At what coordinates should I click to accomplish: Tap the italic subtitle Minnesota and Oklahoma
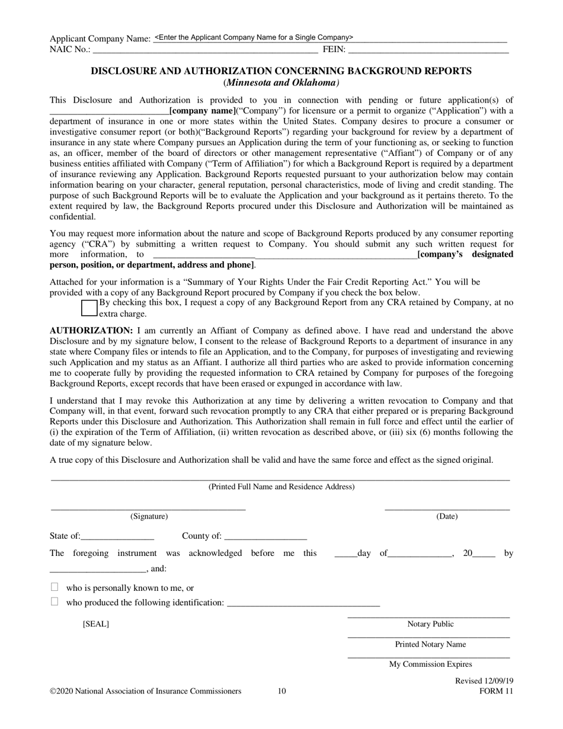(x=281, y=83)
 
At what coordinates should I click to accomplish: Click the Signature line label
(x=149, y=516)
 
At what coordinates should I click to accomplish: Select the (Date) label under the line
(x=447, y=516)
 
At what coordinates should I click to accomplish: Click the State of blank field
(x=117, y=536)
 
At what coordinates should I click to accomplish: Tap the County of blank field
(x=265, y=536)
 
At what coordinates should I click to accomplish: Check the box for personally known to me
(x=55, y=587)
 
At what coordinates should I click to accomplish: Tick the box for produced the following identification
(x=55, y=602)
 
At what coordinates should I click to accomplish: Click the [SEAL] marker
(x=96, y=624)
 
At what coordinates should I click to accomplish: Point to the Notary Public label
(x=430, y=624)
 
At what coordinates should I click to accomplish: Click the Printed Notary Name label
(x=430, y=644)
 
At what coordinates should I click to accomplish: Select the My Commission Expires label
(x=430, y=664)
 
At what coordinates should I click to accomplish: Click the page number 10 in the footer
(x=281, y=691)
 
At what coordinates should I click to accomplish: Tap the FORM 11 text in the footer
(x=496, y=691)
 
